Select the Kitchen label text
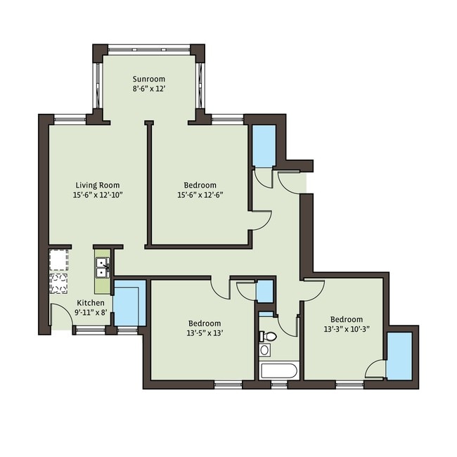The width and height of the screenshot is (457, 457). (90, 302)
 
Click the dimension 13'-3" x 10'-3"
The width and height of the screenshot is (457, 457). (343, 328)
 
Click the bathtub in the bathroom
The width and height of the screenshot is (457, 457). (279, 369)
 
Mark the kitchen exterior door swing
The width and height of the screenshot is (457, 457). (61, 316)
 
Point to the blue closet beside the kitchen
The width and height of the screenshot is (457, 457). (129, 302)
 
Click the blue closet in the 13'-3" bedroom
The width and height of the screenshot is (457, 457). (399, 356)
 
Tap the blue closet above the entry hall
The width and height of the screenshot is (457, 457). (263, 146)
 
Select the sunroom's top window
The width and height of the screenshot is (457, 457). (148, 49)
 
